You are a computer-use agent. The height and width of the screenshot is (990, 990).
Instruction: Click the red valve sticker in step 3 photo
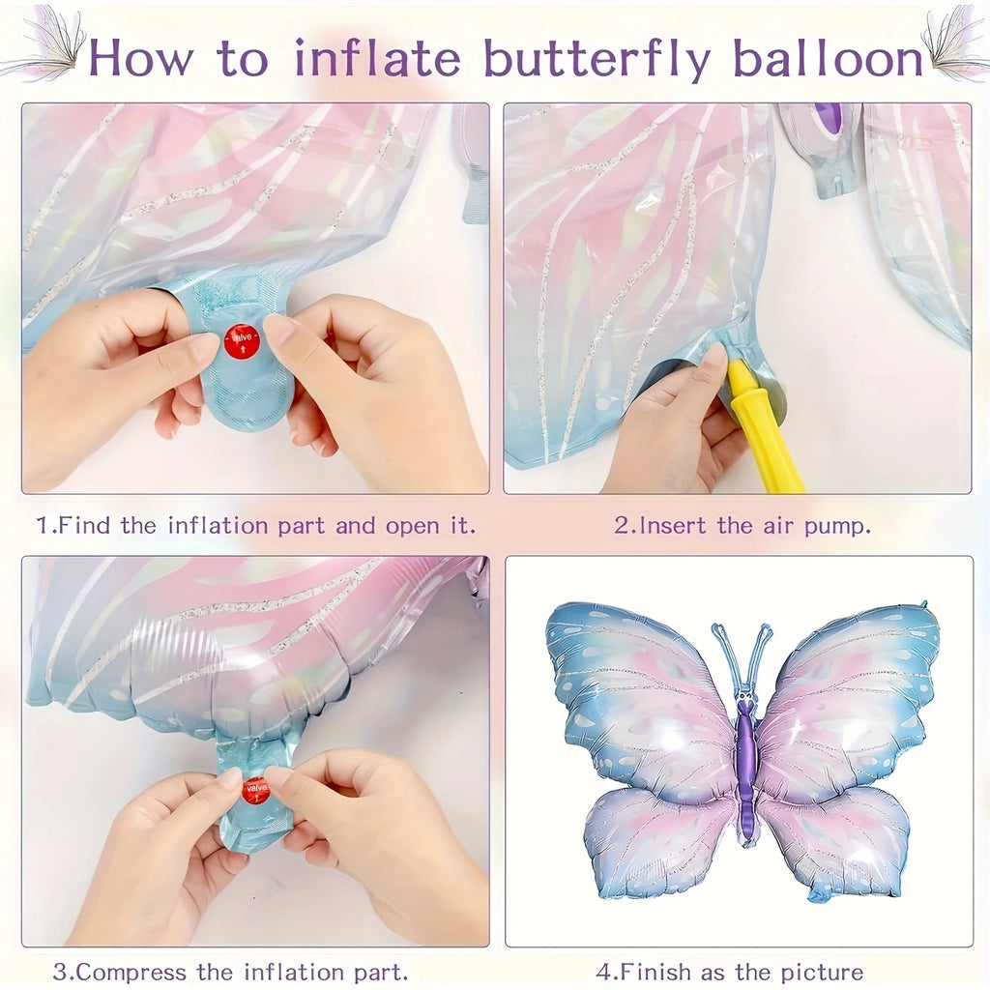point(255,789)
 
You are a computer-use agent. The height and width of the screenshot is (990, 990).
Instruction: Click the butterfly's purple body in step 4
point(744,764)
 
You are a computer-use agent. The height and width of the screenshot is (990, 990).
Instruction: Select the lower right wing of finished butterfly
point(836,836)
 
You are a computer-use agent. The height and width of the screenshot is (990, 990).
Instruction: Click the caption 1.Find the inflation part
point(256,526)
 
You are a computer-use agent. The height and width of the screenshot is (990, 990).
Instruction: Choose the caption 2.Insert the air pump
point(742,526)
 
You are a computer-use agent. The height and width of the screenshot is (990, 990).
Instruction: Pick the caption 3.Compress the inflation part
point(230,971)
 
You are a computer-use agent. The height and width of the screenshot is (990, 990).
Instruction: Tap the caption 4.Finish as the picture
point(730,971)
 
